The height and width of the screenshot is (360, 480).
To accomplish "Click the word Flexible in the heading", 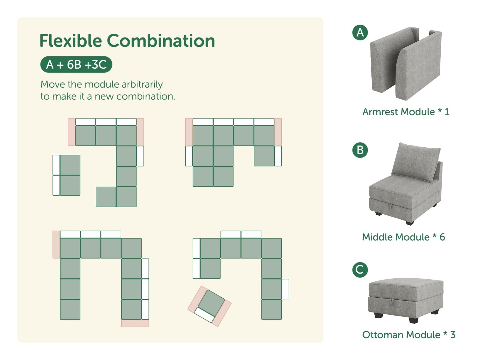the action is click(x=70, y=41).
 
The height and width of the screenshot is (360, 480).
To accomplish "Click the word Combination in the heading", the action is click(x=161, y=41).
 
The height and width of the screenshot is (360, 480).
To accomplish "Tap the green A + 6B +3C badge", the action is click(x=76, y=64).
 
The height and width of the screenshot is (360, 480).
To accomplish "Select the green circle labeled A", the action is click(x=360, y=32).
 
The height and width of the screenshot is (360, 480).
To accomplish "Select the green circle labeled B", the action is click(x=360, y=150).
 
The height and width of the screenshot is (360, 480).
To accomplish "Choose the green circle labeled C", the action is click(x=360, y=270).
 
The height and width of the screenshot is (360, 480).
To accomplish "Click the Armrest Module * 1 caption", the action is click(x=406, y=112).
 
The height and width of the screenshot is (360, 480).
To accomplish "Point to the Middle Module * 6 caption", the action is click(x=403, y=237).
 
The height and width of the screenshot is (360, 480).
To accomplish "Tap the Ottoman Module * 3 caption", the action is click(x=409, y=334).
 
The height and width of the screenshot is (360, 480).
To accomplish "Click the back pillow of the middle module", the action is click(x=415, y=162).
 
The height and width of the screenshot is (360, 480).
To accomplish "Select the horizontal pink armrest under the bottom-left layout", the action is click(x=135, y=323).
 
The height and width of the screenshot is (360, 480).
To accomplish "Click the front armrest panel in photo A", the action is click(x=418, y=66).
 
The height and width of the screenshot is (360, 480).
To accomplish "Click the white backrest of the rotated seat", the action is click(x=204, y=315).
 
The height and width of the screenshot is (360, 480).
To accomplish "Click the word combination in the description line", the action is click(x=146, y=96).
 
